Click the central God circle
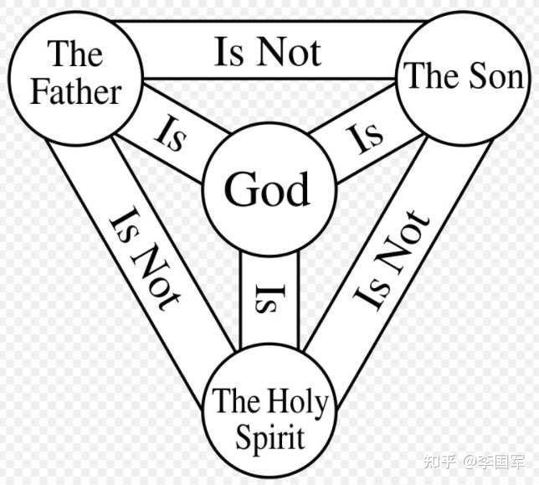[267, 188]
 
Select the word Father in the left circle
[75, 90]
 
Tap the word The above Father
[76, 54]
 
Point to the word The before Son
[432, 76]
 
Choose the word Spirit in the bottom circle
[268, 437]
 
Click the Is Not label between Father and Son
[268, 52]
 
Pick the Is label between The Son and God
[367, 136]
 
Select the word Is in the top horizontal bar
[228, 52]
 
